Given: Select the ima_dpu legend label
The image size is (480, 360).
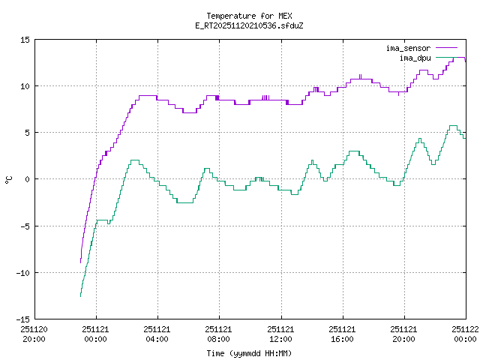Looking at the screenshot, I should (414, 57).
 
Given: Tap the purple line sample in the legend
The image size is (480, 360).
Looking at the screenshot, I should (445, 48).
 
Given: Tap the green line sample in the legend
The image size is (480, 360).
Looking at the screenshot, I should (445, 57).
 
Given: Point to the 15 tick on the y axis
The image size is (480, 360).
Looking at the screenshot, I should (25, 40).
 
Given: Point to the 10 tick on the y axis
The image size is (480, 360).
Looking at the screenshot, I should (25, 86).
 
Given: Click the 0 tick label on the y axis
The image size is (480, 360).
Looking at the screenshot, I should (27, 179).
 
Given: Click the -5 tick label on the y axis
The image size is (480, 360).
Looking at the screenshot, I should (25, 226).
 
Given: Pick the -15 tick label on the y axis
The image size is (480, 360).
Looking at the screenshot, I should (22, 319).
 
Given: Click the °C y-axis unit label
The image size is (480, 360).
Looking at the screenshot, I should (9, 179).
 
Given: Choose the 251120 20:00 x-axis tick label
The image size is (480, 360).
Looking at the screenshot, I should (34, 333).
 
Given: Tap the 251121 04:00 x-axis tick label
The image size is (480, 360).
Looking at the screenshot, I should (157, 333).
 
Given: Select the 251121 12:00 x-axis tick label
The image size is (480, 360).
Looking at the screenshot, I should (280, 333).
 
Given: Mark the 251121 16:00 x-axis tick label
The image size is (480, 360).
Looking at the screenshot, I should (342, 333).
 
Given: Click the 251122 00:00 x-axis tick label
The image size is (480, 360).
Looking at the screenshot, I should (465, 333).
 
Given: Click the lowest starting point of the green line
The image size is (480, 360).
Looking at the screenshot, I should (80, 296).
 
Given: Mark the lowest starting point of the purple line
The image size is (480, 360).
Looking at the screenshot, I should (80, 262).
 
